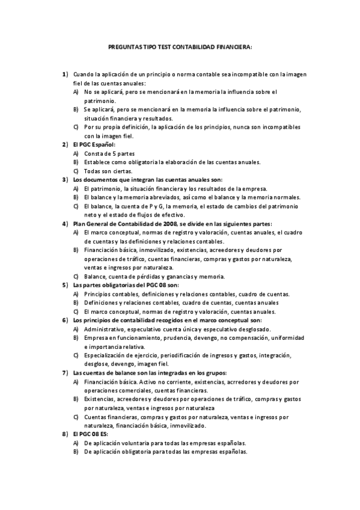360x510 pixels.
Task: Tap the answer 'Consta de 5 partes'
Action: pyautogui.click(x=109, y=153)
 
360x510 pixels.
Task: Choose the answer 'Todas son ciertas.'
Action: pyautogui.click(x=108, y=171)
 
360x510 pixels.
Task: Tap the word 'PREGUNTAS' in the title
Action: pyautogui.click(x=123, y=45)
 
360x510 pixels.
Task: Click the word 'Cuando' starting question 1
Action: pyautogui.click(x=85, y=74)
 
